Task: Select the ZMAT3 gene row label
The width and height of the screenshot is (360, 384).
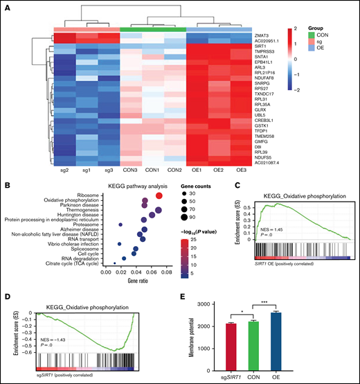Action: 263,33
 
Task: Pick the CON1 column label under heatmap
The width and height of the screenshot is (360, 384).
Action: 143,169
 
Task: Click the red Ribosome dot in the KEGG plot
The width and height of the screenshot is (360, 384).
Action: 159,196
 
